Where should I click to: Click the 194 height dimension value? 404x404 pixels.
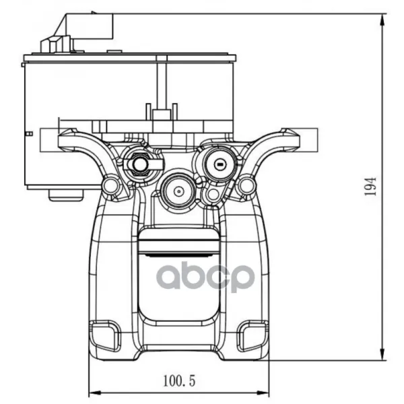370,187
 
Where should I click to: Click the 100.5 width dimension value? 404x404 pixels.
179,380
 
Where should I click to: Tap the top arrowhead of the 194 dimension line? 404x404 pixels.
383,20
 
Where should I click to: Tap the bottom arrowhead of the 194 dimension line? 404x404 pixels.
383,354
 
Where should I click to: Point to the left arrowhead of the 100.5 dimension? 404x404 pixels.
94,393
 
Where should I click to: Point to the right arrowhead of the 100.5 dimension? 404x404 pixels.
263,393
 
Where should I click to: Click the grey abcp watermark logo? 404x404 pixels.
205,277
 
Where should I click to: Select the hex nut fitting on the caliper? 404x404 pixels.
139,164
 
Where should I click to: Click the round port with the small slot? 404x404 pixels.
220,164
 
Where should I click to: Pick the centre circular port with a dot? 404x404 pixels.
178,191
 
